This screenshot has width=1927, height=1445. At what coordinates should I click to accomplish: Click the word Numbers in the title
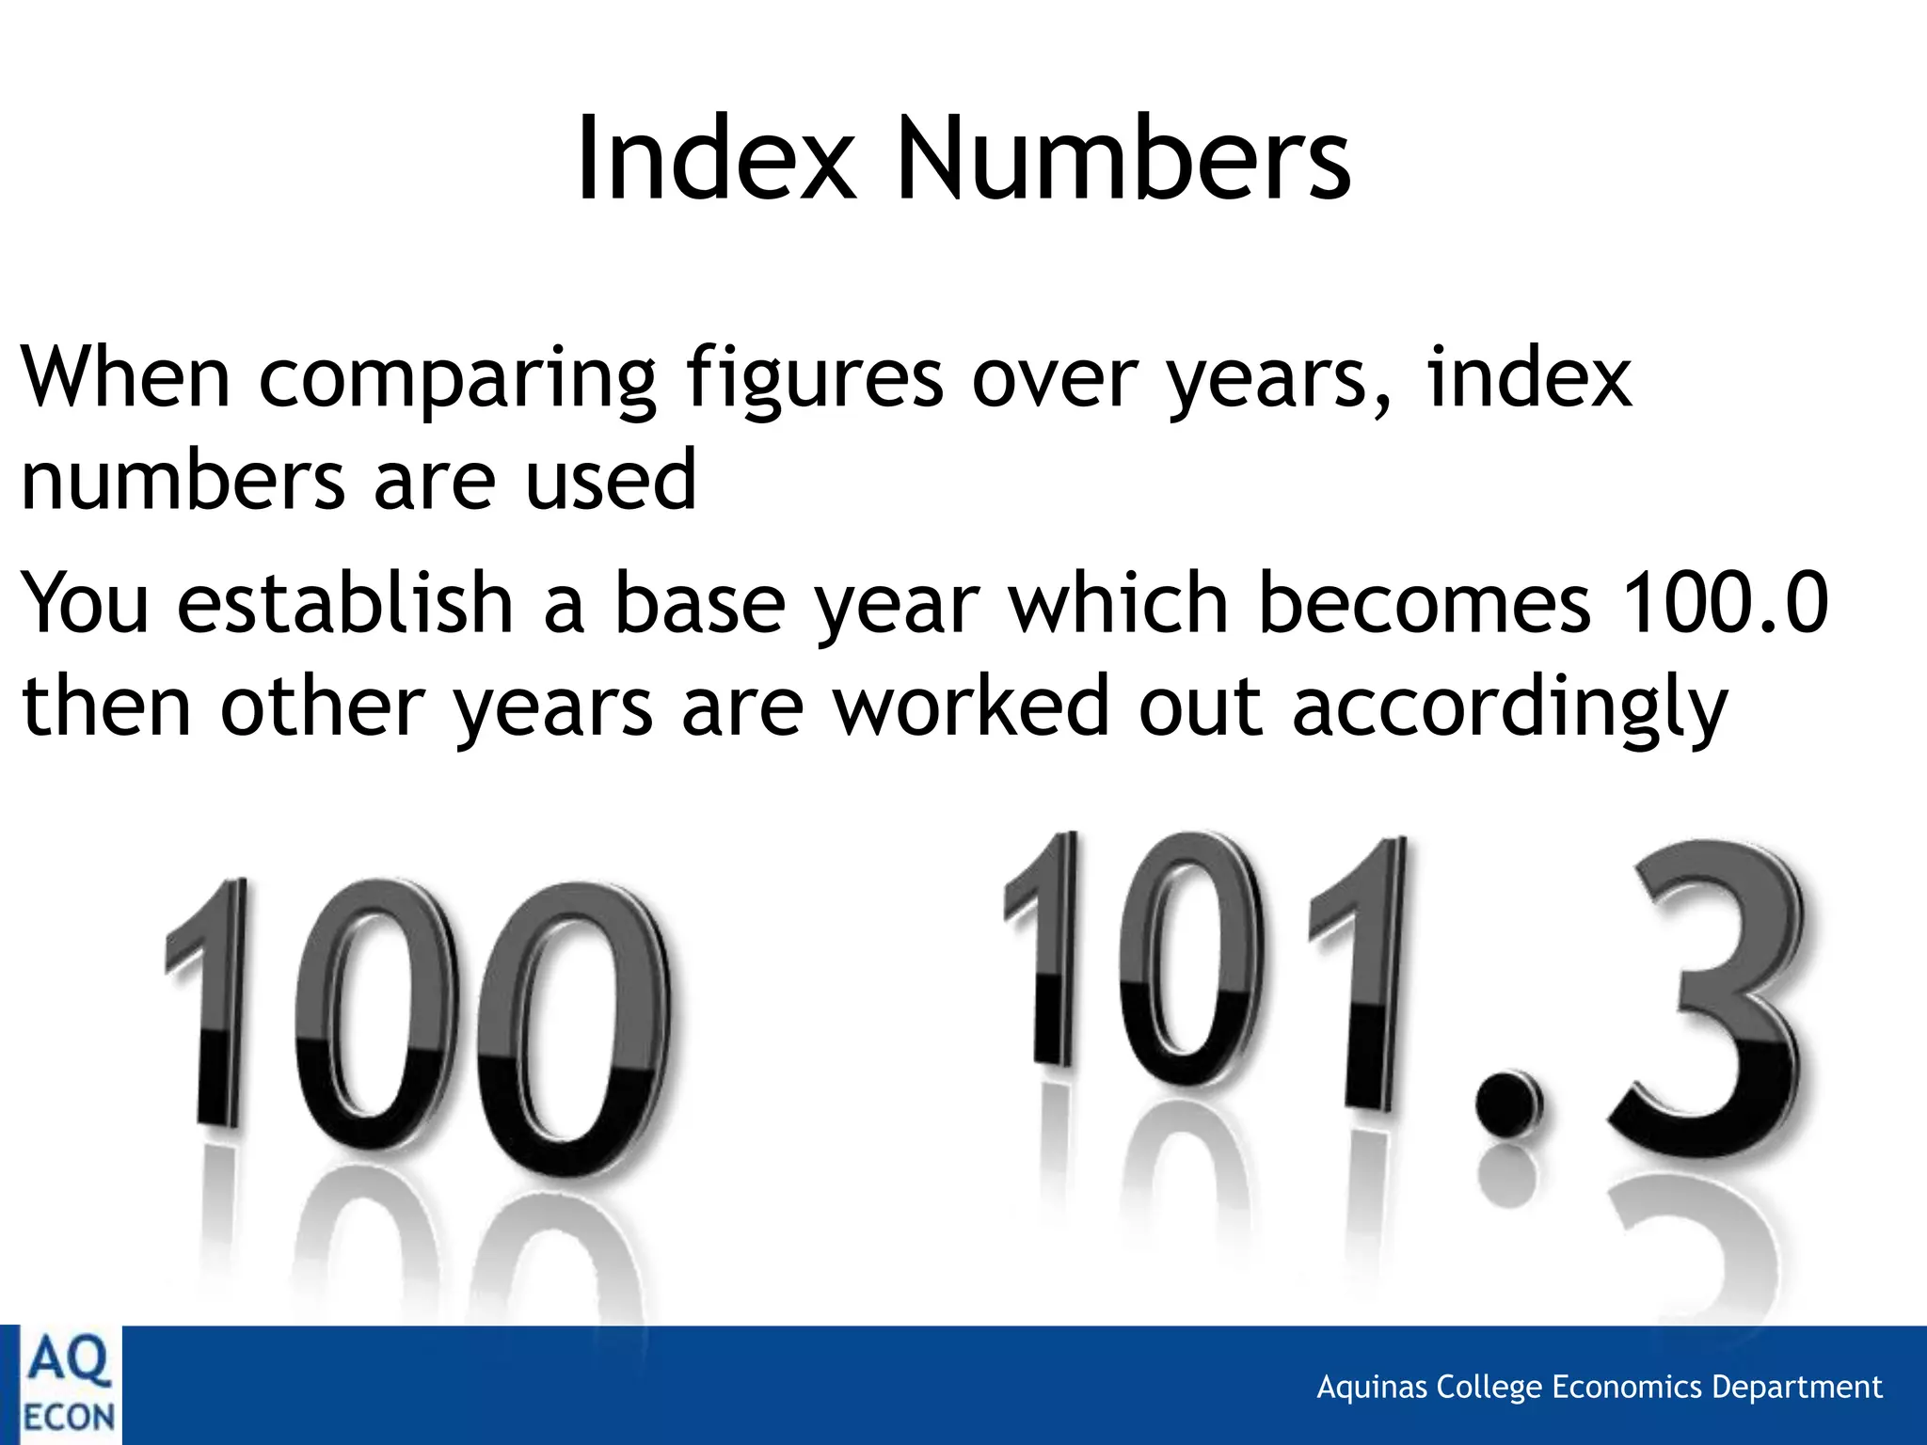(x=1123, y=158)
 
